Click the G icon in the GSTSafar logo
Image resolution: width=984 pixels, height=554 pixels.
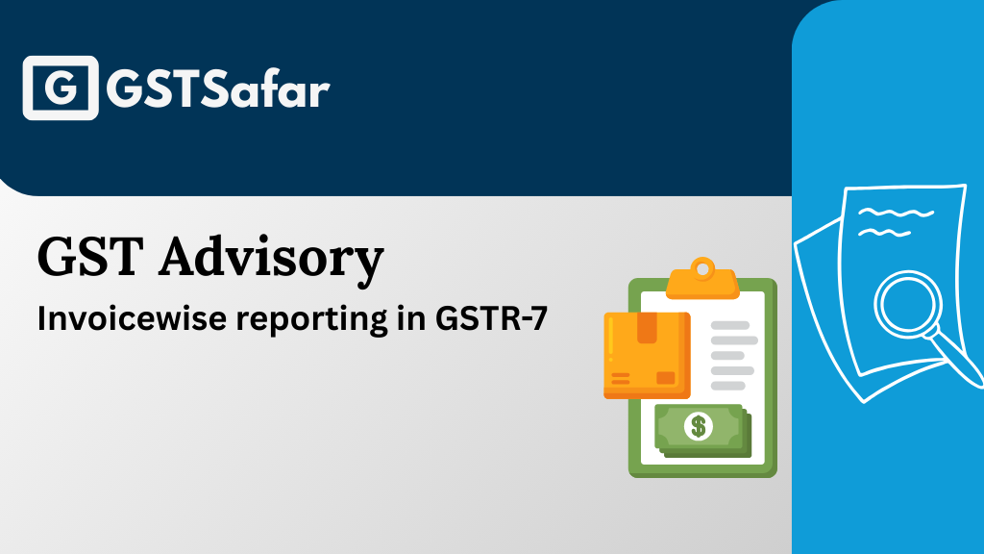pyautogui.click(x=60, y=88)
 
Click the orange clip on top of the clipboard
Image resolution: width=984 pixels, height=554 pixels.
pyautogui.click(x=702, y=280)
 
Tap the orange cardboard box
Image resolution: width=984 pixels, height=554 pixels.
pyautogui.click(x=646, y=354)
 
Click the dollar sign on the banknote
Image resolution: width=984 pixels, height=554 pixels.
pyautogui.click(x=699, y=425)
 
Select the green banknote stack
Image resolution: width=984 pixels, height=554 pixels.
pyautogui.click(x=702, y=429)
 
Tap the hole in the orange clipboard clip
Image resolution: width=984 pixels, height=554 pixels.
pyautogui.click(x=703, y=265)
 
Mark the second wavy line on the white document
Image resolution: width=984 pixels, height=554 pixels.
pyautogui.click(x=886, y=233)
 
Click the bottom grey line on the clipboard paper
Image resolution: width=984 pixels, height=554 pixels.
pyautogui.click(x=728, y=386)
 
